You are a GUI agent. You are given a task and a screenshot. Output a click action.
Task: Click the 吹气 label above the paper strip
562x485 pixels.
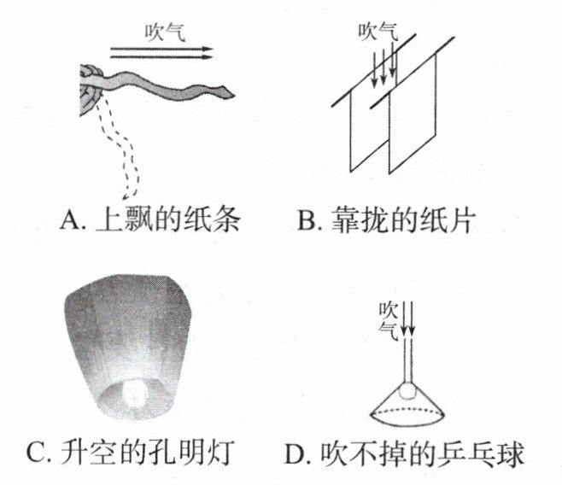click(165, 32)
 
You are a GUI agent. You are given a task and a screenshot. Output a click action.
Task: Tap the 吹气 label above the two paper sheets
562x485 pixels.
click(378, 32)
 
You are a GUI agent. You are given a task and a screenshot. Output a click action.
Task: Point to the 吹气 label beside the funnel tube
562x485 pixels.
click(388, 321)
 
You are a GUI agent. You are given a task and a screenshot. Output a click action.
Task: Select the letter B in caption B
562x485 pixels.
click(307, 219)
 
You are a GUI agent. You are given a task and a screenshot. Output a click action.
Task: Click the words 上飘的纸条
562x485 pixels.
click(167, 219)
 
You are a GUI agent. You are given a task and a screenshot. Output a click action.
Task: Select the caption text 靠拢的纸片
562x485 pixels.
click(404, 219)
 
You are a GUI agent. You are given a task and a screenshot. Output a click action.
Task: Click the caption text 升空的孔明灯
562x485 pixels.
click(148, 452)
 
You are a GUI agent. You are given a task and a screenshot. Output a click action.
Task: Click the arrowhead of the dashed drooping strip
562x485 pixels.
click(126, 196)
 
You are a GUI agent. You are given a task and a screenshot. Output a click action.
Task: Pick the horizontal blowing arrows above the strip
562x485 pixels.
click(161, 53)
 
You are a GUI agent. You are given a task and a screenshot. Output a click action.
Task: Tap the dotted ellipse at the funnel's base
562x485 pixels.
click(408, 414)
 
